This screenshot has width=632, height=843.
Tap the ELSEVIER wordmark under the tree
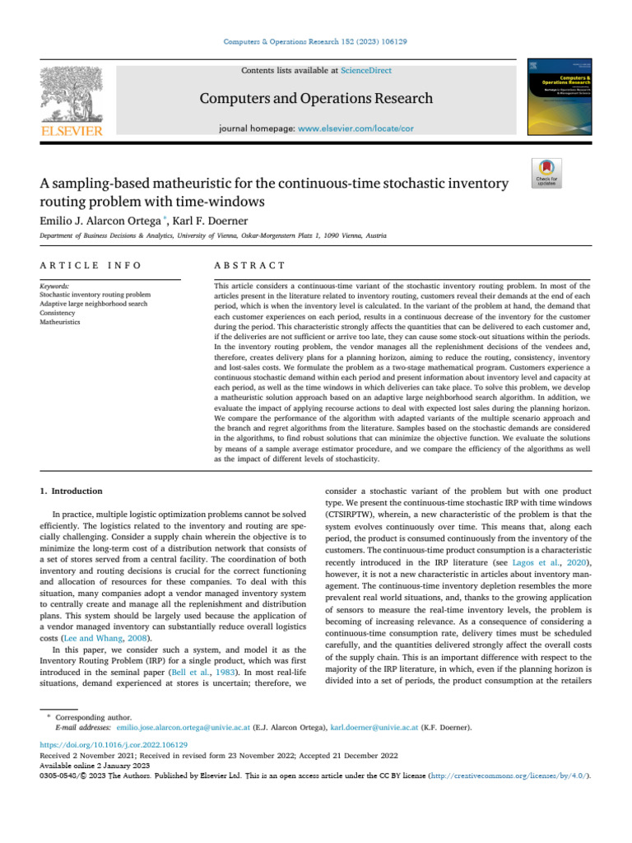pyautogui.click(x=72, y=131)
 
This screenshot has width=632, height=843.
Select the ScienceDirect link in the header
pyautogui.click(x=367, y=71)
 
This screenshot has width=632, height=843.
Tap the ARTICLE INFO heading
pyautogui.click(x=91, y=265)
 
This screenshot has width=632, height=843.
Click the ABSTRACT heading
pyautogui.click(x=249, y=265)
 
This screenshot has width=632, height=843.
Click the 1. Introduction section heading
pyautogui.click(x=72, y=491)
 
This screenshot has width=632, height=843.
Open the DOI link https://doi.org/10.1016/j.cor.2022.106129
pyautogui.click(x=109, y=743)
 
